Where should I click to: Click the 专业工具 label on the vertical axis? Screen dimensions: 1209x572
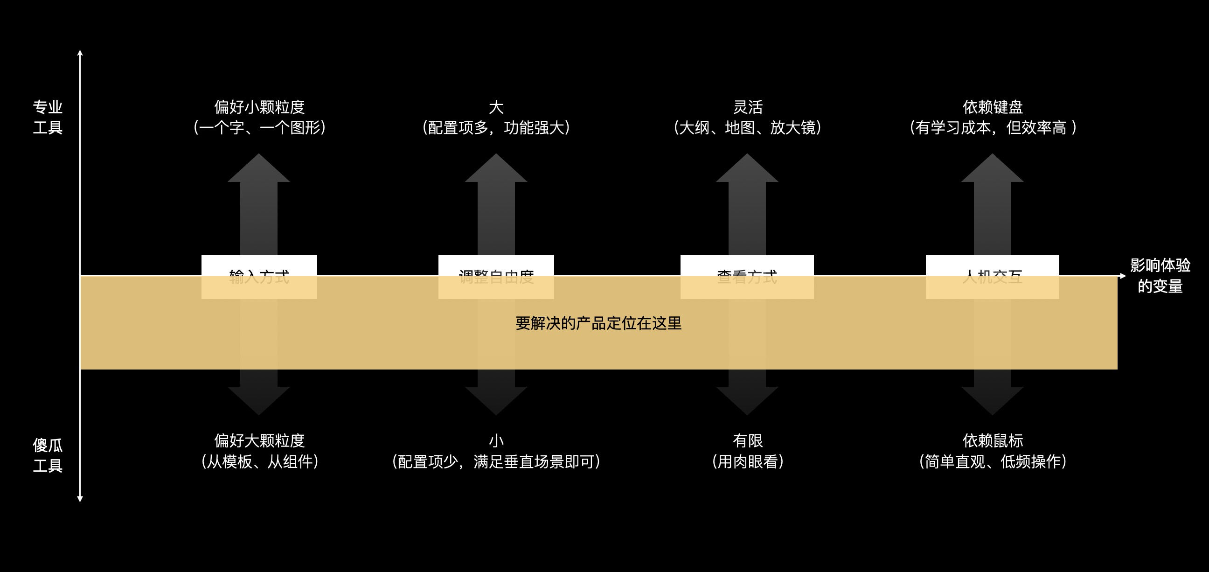pos(48,117)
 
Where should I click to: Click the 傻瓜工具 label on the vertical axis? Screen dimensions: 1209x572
pos(48,455)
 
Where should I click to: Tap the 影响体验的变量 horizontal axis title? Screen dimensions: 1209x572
pos(1160,276)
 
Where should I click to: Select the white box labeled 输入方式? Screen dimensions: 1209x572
pos(259,277)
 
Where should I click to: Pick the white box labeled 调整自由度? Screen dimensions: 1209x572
pos(496,277)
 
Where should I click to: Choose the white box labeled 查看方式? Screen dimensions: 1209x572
pos(747,277)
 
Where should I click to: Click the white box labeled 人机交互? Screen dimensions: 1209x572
pos(992,277)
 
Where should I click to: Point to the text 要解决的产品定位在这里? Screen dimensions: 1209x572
pos(598,323)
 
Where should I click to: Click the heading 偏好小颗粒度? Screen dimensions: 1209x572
pos(259,107)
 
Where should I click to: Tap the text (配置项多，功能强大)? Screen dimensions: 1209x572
pos(496,128)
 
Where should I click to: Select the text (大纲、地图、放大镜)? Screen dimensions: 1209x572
pos(747,128)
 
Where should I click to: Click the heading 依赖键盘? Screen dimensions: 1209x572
pos(993,107)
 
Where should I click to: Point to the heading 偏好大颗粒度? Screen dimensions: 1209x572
pos(259,440)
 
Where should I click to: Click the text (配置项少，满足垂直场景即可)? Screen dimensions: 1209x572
pos(496,461)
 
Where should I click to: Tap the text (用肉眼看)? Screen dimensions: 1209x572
pos(748,461)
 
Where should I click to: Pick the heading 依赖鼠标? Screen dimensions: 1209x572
pos(993,440)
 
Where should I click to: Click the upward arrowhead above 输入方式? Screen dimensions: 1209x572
pos(258,169)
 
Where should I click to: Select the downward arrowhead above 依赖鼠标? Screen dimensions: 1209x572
pos(992,400)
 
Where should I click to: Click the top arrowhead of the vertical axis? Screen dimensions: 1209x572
pos(80,53)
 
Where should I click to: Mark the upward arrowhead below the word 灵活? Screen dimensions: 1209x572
pos(747,169)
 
